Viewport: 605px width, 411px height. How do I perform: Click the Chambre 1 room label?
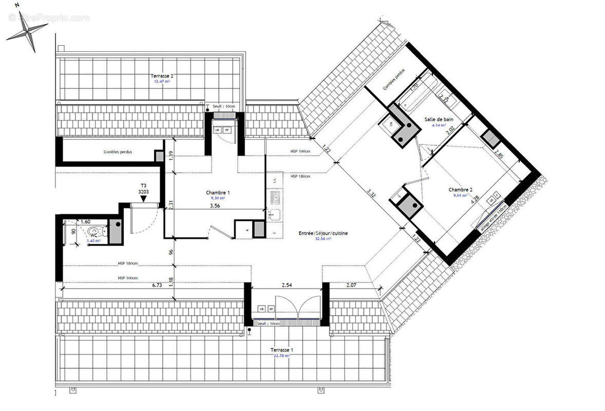pos(218,192)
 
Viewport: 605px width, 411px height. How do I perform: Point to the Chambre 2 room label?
pos(460,189)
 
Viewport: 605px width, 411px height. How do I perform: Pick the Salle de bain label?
pos(439,119)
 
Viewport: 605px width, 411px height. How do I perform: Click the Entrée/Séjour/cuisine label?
pos(324,233)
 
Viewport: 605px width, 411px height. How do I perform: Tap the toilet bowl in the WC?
pos(94,231)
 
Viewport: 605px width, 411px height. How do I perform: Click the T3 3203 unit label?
pos(143,189)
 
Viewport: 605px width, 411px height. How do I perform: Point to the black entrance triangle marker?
pos(144,198)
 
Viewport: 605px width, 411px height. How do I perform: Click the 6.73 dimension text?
pos(157,285)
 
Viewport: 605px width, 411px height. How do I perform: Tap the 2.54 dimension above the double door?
pos(287,285)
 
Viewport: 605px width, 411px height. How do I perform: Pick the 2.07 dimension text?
pos(351,285)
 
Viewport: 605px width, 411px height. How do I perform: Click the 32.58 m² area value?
pos(324,239)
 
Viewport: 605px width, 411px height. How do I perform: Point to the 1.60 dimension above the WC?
pos(85,221)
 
